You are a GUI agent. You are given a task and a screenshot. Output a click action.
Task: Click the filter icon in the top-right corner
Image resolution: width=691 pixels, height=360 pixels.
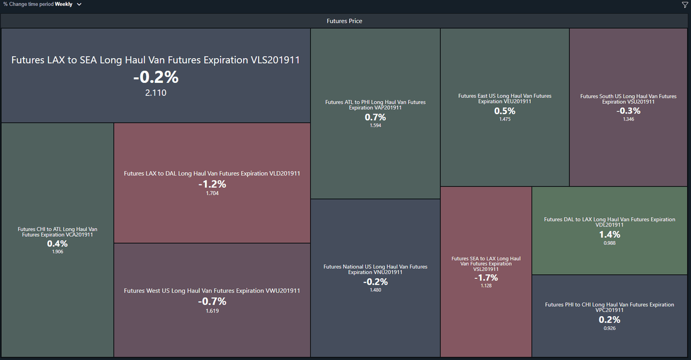(685, 5)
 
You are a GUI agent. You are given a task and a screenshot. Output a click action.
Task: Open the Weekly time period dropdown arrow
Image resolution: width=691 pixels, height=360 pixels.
(79, 4)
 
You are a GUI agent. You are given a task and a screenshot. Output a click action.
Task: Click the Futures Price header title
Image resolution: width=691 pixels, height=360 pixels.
(344, 21)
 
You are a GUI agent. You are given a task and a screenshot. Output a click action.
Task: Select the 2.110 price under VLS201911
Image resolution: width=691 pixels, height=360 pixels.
(156, 93)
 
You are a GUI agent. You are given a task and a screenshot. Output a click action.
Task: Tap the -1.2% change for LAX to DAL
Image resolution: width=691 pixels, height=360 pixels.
(212, 184)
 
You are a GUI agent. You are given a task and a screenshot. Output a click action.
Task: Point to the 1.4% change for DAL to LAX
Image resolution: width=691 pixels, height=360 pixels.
(610, 234)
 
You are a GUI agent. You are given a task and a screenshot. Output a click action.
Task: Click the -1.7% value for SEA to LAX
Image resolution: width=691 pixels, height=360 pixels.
(486, 278)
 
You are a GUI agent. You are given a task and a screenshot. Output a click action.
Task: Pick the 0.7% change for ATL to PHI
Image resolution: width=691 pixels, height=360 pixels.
(375, 118)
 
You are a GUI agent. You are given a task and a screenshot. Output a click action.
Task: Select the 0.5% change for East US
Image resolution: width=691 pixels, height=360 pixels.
(504, 111)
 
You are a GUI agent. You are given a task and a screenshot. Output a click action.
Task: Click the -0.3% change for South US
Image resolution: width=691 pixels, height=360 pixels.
(628, 111)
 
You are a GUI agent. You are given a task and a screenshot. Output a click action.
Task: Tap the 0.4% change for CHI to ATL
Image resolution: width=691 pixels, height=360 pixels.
(58, 244)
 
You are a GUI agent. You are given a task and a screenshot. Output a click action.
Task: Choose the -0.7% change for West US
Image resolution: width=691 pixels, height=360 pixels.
(212, 301)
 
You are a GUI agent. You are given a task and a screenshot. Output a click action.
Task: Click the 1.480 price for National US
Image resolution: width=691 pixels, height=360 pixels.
(375, 290)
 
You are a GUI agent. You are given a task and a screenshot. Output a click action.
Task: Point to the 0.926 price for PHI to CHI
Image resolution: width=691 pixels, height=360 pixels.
(610, 328)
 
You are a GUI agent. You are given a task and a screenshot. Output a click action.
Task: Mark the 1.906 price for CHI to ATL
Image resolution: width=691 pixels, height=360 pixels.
(58, 252)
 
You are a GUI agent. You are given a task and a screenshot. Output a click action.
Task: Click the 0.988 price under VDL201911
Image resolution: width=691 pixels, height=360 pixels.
(610, 243)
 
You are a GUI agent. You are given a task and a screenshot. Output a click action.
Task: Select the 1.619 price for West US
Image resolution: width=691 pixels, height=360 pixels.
(212, 311)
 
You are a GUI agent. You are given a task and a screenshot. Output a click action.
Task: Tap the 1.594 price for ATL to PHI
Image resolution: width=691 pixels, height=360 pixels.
(375, 126)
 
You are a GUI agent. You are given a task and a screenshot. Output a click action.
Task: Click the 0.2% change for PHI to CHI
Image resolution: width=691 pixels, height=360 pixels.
(610, 320)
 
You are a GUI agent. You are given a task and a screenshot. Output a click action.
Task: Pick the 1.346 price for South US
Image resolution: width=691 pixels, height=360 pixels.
(628, 119)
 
